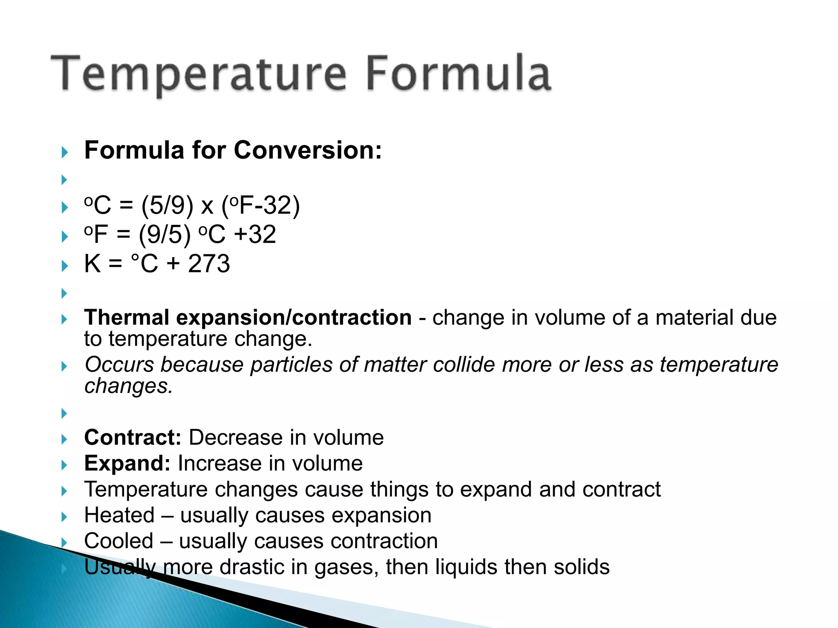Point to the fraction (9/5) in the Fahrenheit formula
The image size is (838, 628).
click(x=164, y=234)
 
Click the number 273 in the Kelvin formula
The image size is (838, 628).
click(x=209, y=263)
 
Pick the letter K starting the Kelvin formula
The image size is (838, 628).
click(x=92, y=263)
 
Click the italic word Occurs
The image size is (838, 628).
click(x=119, y=364)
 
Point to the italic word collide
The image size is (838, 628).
click(x=464, y=364)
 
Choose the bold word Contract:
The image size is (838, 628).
click(x=133, y=437)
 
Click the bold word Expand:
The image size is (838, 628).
click(x=127, y=463)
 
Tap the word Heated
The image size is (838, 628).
click(x=119, y=515)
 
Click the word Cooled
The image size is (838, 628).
click(x=119, y=541)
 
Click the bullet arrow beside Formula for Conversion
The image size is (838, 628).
click(x=64, y=153)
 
